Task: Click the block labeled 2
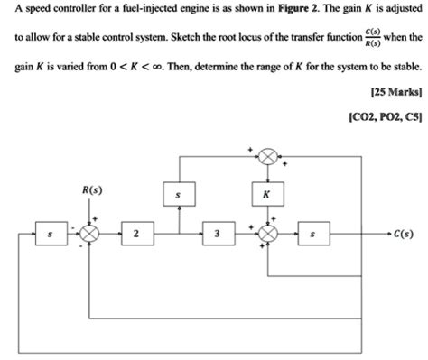135,235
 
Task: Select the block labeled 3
217,235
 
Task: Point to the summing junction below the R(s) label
91,235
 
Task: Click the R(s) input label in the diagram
91,190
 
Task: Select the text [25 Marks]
393,93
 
